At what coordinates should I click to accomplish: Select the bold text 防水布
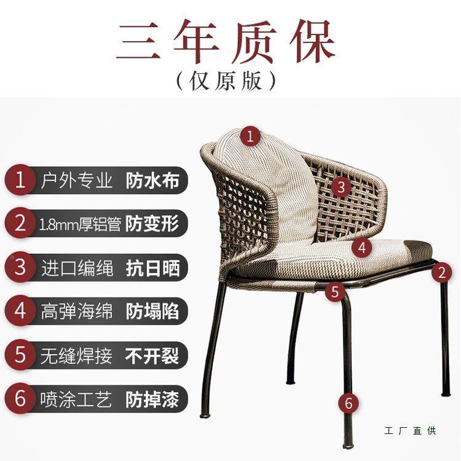[x=152, y=181]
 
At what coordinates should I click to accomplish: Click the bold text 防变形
[x=152, y=224]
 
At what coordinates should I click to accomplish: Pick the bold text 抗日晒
[x=152, y=267]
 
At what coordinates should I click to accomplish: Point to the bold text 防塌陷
[x=152, y=311]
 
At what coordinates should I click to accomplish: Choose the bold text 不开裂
[x=152, y=355]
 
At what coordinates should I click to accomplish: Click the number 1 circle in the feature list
[x=20, y=181]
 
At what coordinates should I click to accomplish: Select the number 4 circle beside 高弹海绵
[x=20, y=311]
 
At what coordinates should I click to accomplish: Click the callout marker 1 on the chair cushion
[x=250, y=136]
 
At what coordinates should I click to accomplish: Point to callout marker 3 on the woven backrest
[x=341, y=186]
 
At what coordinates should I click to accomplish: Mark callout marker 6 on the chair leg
[x=349, y=404]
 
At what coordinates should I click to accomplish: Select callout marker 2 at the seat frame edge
[x=441, y=272]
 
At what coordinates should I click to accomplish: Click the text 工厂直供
[x=410, y=431]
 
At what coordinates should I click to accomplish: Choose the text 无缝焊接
[x=76, y=355]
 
